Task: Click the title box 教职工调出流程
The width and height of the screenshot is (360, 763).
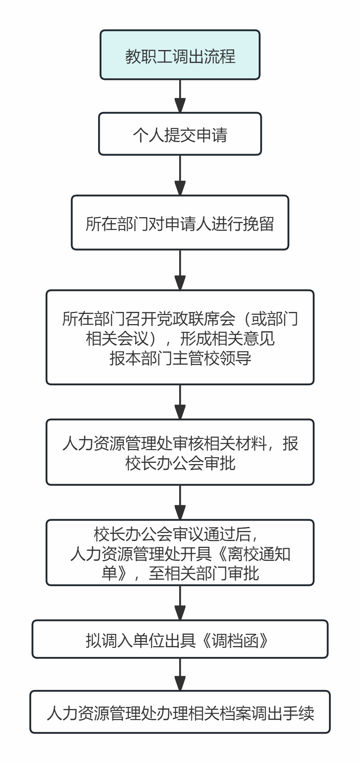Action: coord(180,55)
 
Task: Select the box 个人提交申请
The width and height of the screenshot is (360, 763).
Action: coord(180,134)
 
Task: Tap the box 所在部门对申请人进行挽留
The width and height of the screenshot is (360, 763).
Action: coord(180,223)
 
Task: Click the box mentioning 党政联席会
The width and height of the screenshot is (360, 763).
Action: coord(180,337)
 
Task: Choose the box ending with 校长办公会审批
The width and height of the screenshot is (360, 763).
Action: coord(180,452)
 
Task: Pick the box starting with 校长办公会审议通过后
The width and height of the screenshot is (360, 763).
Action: coord(180,553)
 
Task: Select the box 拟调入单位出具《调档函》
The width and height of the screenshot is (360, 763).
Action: coord(180,640)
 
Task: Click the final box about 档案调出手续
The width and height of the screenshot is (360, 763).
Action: coord(180,712)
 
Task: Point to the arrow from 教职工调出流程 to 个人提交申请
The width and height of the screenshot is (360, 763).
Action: coord(180,96)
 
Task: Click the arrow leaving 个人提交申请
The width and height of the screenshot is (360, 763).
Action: coord(180,175)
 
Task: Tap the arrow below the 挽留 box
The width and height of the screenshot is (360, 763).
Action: coord(180,270)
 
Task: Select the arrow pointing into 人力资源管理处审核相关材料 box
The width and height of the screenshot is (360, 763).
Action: coord(180,402)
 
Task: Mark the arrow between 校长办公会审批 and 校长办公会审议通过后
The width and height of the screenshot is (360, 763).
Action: coord(180,502)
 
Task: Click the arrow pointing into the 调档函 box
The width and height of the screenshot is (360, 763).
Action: coord(180,603)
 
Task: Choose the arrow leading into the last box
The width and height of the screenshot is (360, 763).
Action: coord(180,675)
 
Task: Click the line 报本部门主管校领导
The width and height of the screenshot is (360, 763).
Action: coord(180,358)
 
